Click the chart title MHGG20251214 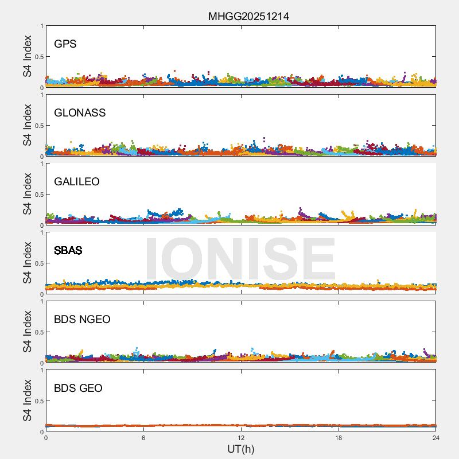tap(248, 17)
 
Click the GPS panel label tap(65, 44)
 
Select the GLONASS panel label tap(80, 113)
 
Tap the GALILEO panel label tap(77, 182)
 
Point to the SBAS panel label tap(68, 251)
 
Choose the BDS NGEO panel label tap(82, 320)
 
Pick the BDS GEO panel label tap(78, 388)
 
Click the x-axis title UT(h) tap(240, 449)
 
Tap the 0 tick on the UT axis tap(46, 438)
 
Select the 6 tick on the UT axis tap(143, 438)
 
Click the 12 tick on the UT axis tap(241, 438)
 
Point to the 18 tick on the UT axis tap(339, 438)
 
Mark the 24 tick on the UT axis tap(436, 438)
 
